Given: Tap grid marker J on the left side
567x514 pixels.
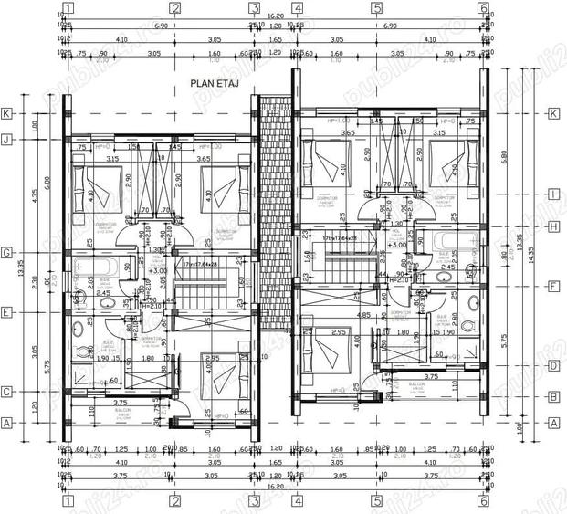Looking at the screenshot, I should pyautogui.click(x=7, y=140).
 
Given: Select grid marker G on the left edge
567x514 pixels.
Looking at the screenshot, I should pyautogui.click(x=7, y=252).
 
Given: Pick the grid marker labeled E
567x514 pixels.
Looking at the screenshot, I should pyautogui.click(x=7, y=311).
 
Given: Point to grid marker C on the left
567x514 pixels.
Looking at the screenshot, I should pyautogui.click(x=7, y=392).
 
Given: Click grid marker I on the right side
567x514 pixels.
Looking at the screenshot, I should pyautogui.click(x=552, y=194).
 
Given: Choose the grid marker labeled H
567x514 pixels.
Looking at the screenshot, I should pyautogui.click(x=552, y=226).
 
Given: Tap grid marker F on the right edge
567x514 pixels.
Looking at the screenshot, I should pyautogui.click(x=552, y=286).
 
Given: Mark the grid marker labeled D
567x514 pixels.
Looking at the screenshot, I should pyautogui.click(x=552, y=366).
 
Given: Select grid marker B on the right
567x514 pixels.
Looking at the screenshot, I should pyautogui.click(x=552, y=396).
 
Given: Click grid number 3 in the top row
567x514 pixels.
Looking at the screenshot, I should pyautogui.click(x=257, y=10).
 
